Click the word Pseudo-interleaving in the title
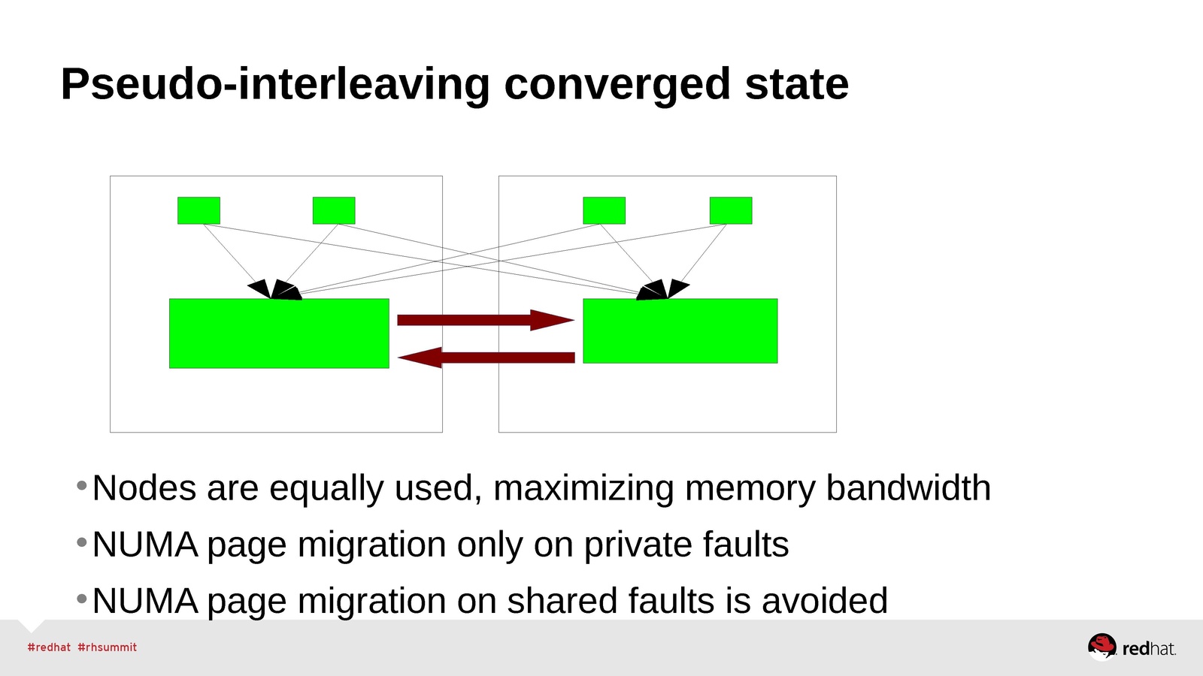pos(275,84)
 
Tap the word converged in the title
pos(617,84)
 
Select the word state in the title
pos(796,84)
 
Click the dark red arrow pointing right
pos(485,320)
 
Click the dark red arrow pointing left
pos(486,358)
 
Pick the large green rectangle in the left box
pos(279,333)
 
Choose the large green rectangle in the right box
pos(680,331)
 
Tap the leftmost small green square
pos(198,210)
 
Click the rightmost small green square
pos(730,210)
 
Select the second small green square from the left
pos(334,210)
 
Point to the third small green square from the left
pos(604,210)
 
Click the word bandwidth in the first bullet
pos(908,488)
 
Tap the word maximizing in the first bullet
pos(583,488)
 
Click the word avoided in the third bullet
pos(825,601)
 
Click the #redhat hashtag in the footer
pos(49,647)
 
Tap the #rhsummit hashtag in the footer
pos(108,647)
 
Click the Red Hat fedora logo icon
pos(1101,646)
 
